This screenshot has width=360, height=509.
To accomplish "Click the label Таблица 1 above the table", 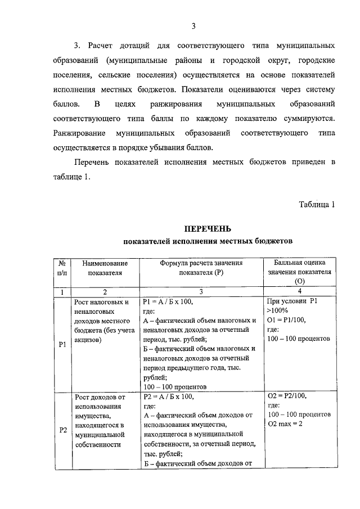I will click(x=317, y=204).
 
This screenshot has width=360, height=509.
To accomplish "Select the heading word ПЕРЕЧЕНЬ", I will click(x=208, y=229).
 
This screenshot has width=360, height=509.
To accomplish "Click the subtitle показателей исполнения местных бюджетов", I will click(x=208, y=241).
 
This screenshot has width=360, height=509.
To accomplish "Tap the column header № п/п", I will click(x=60, y=268).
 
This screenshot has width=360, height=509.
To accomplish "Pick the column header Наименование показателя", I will click(x=105, y=268).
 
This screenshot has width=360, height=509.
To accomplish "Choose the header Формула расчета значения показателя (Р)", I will click(x=201, y=268).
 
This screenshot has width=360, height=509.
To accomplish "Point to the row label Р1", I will click(x=63, y=345).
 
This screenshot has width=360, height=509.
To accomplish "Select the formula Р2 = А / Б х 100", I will click(x=169, y=396).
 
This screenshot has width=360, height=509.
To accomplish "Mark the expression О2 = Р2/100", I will click(x=287, y=396).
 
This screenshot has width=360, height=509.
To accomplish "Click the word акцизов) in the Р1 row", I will click(x=88, y=339).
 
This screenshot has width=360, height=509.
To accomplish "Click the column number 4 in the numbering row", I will click(x=299, y=291).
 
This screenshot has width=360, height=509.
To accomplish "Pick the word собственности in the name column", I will click(x=98, y=444).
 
